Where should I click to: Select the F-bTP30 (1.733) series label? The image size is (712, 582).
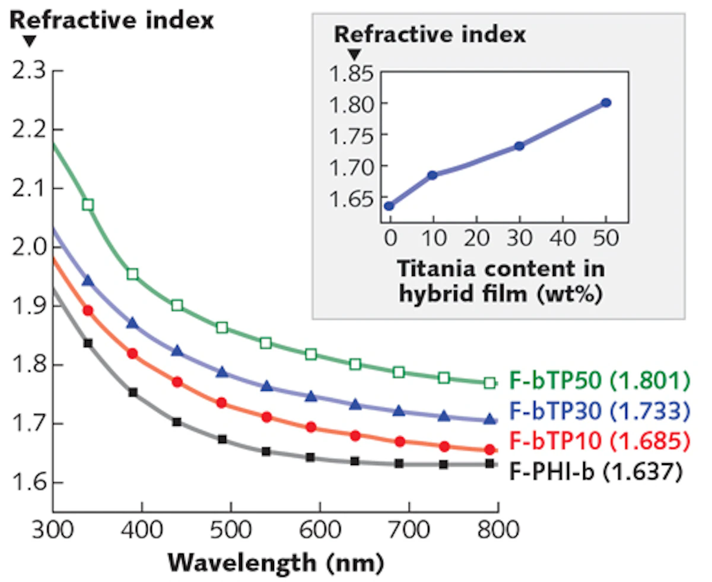pos(600,410)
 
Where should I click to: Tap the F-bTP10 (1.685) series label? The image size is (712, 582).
pos(600,441)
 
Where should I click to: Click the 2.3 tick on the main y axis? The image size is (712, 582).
pos(28,72)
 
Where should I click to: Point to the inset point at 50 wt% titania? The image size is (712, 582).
pos(606,103)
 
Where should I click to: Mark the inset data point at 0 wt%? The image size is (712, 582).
pos(389,206)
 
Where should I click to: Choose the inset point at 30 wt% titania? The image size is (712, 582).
pos(519,145)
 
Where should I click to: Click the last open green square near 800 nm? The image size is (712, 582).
pos(490,383)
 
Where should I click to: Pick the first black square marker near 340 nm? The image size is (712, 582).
pos(88,343)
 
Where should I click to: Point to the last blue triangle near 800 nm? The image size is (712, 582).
pos(490,419)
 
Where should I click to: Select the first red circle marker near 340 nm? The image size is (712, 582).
pos(88,311)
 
